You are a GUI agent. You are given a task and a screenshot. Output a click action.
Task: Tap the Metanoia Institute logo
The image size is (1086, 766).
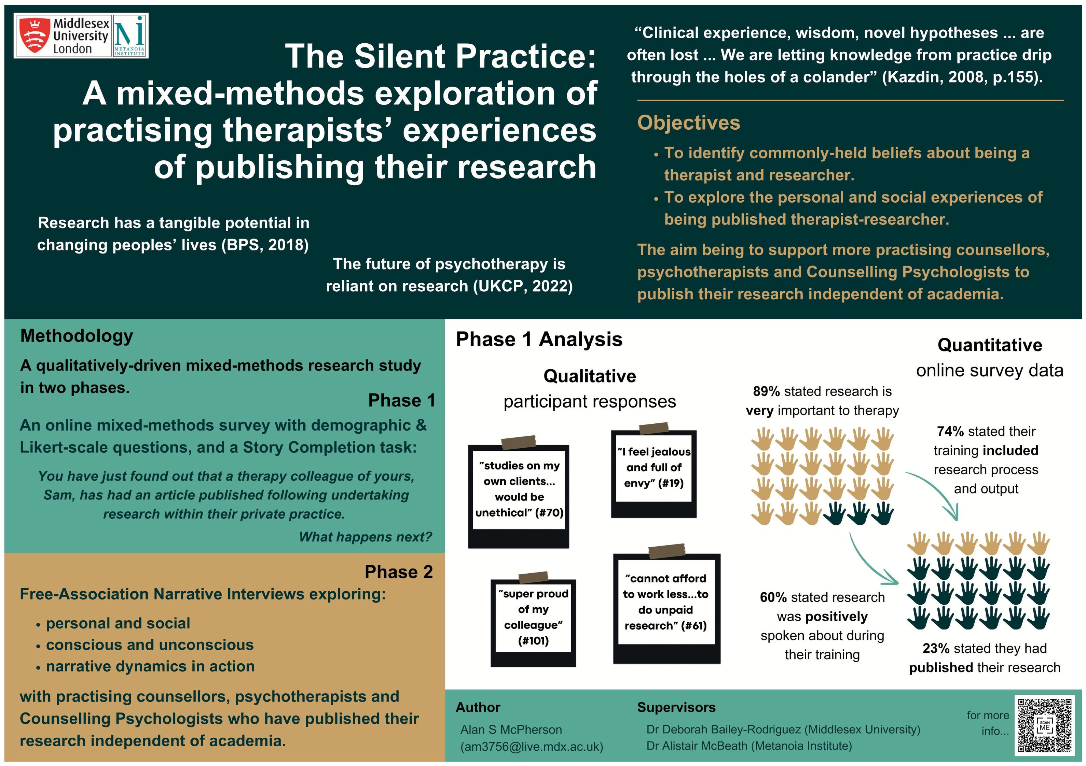[129, 36]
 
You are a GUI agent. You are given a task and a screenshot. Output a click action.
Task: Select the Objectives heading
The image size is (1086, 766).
[688, 123]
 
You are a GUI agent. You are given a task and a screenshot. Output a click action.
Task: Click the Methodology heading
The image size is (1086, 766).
[77, 336]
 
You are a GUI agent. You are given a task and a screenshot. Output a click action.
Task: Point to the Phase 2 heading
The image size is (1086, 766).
[398, 572]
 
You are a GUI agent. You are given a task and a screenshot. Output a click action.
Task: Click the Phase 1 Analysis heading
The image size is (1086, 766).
[539, 339]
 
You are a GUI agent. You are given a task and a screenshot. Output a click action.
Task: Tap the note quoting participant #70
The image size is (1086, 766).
[519, 489]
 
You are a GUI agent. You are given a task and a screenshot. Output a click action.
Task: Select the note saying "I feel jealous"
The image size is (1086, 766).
[654, 467]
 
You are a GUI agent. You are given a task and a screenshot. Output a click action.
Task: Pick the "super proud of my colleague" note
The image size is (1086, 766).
[533, 617]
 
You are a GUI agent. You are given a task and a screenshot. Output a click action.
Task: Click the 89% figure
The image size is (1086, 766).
[766, 391]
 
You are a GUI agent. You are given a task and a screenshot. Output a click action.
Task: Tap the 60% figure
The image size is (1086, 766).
[773, 597]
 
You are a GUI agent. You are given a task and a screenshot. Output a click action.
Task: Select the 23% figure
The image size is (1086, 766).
[936, 648]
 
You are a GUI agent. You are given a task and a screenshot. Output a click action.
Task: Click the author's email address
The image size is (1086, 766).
[532, 747]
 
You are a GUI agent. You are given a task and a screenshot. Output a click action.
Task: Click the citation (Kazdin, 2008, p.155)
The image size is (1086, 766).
[963, 77]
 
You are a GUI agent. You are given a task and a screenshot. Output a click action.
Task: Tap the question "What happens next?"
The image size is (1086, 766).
[366, 537]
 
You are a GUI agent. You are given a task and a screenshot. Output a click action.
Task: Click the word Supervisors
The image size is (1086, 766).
[676, 707]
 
